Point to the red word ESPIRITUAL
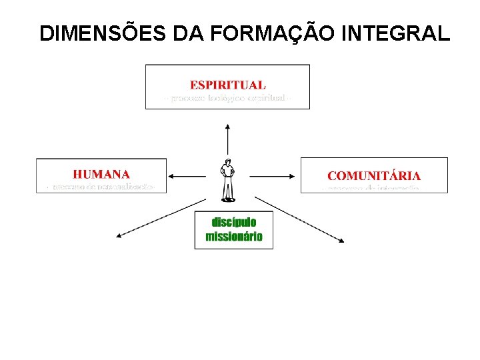[227, 85]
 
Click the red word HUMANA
[101, 174]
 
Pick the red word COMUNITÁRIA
[373, 176]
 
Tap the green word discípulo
[233, 222]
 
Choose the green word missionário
[233, 237]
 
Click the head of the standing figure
[228, 163]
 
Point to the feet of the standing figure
[228, 199]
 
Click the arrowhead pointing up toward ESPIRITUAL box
[228, 125]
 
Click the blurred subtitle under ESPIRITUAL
[227, 99]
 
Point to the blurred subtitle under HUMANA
[101, 187]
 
